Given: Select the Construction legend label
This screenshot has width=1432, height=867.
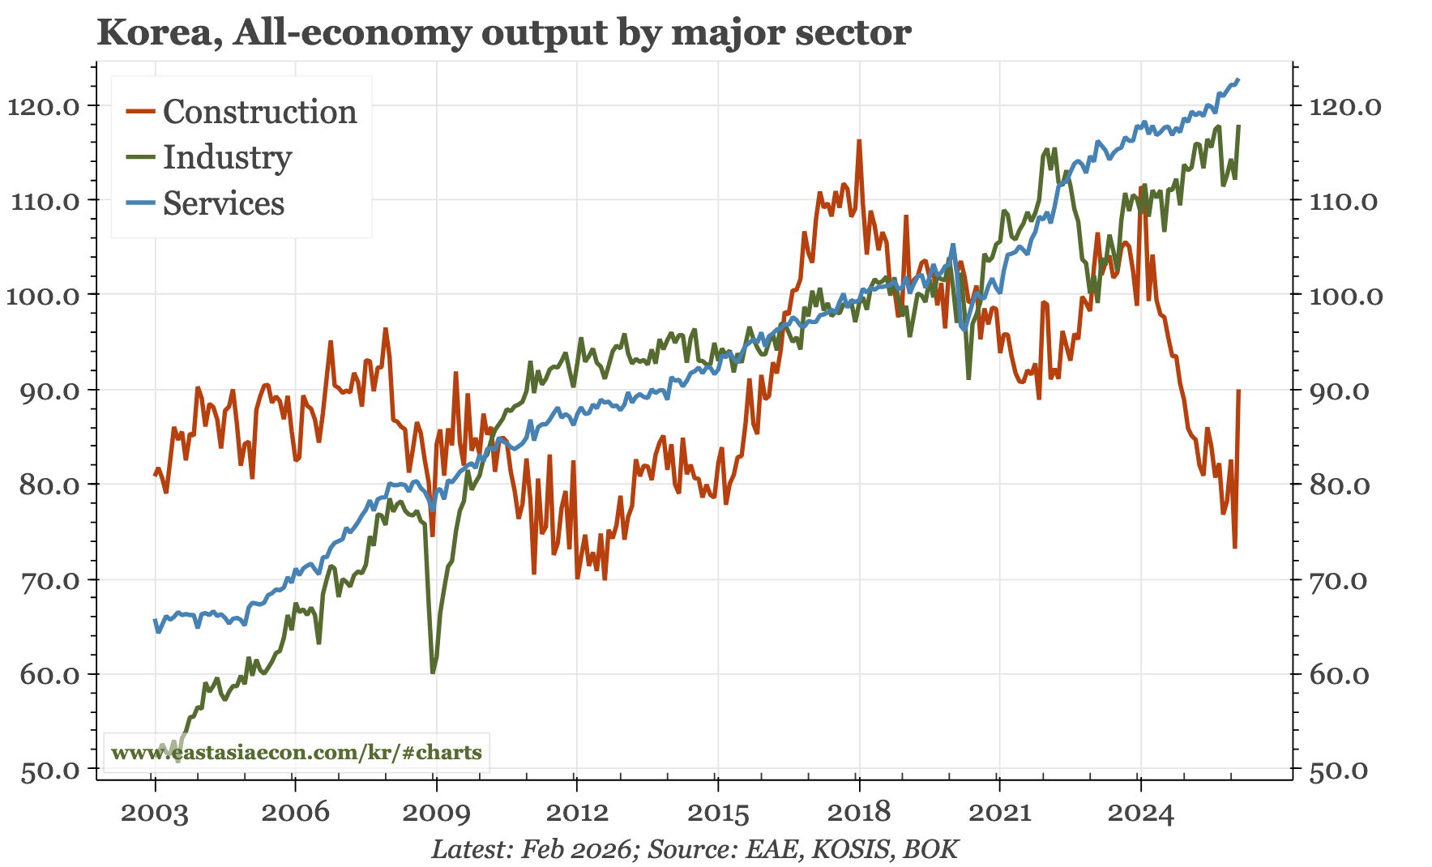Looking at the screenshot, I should (259, 112).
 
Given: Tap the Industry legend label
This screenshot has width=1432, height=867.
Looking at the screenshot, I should (227, 157).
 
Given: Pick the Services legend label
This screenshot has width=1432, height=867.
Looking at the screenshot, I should (224, 203).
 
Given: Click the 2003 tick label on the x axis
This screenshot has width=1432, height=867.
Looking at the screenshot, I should (154, 813).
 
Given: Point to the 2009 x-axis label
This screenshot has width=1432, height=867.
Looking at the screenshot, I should (436, 813).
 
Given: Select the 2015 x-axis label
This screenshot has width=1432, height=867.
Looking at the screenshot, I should (717, 813).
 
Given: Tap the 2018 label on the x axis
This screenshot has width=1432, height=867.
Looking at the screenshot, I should (858, 813).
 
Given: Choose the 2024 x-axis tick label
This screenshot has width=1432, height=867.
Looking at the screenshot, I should (1140, 813).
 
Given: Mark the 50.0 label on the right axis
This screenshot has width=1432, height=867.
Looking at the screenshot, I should (1339, 770).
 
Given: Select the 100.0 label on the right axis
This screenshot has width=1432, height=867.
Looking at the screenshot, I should (1346, 295).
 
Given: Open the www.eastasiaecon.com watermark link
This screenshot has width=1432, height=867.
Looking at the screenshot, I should (297, 753).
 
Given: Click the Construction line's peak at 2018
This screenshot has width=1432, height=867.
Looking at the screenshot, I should (859, 141).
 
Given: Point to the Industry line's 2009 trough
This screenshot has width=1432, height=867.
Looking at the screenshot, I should (433, 672).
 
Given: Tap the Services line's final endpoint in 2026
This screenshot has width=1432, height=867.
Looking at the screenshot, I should (1238, 79).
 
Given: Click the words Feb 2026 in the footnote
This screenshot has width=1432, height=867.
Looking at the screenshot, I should (575, 849).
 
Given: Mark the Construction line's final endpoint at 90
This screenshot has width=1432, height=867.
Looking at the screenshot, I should (1238, 391).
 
